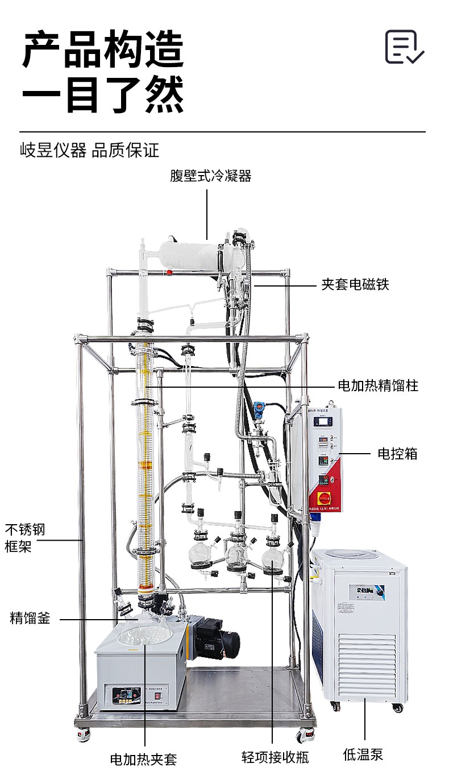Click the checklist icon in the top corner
404,47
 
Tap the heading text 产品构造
103,50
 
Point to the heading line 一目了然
103,95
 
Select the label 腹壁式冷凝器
211,176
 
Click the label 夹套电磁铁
355,284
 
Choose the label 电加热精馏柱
378,385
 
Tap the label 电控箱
398,454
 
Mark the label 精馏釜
30,618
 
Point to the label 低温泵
364,754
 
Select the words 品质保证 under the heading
126,151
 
